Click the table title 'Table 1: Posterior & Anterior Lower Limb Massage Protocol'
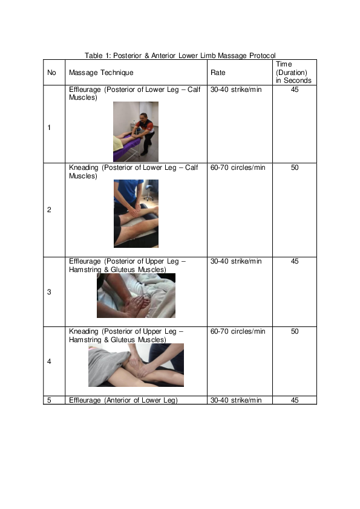(180, 56)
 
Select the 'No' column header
(51, 73)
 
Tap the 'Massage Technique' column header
(101, 73)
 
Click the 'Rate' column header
(217, 73)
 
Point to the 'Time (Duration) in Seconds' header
(293, 72)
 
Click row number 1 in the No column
(49, 128)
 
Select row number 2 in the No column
(49, 210)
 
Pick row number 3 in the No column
(49, 292)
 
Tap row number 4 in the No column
(49, 361)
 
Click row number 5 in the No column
(49, 400)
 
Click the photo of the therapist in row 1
(136, 131)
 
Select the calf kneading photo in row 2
(136, 213)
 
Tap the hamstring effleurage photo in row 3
(136, 296)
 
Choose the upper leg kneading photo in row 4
(136, 365)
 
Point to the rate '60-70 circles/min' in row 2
(237, 167)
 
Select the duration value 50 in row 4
(294, 331)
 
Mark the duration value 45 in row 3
(294, 262)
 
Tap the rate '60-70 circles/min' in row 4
(237, 331)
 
